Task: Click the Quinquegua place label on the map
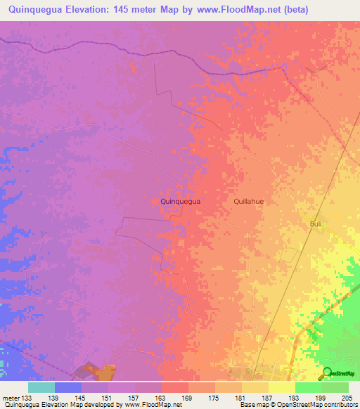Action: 181,201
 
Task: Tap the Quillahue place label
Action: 248,201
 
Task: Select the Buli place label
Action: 316,223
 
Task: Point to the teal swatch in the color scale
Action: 41,387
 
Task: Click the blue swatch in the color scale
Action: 68,387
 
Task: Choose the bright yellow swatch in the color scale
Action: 282,387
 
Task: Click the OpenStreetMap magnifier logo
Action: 327,373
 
